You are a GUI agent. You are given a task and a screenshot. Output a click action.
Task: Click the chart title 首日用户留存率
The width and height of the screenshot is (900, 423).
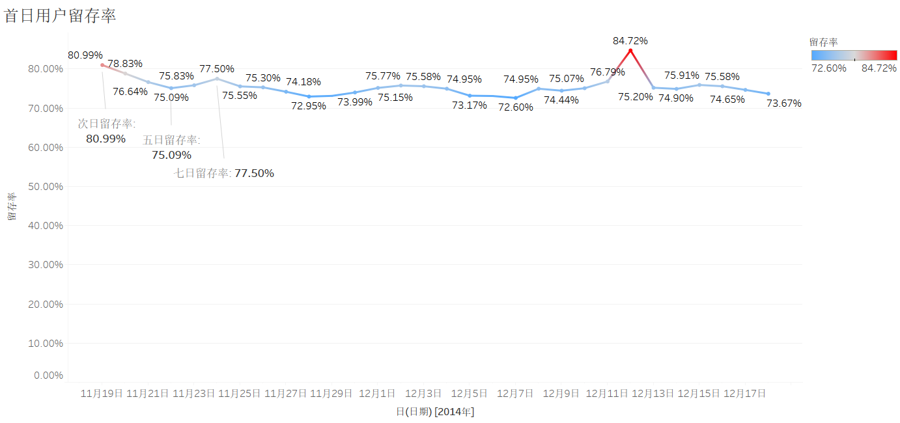pyautogui.click(x=60, y=16)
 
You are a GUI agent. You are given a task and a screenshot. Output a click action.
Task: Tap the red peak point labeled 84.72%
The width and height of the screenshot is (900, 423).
pyautogui.click(x=630, y=51)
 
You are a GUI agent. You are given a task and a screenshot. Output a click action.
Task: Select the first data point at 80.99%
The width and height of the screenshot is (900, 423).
pyautogui.click(x=102, y=65)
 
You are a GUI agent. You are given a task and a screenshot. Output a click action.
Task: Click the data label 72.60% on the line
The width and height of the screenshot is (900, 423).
pyautogui.click(x=516, y=107)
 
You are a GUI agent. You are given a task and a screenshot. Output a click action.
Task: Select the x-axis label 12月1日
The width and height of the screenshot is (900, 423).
pyautogui.click(x=377, y=394)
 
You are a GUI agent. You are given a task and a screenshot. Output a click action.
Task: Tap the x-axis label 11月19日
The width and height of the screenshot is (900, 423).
pyautogui.click(x=102, y=394)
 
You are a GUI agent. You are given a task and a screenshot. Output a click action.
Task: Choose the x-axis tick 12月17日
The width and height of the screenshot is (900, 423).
pyautogui.click(x=744, y=394)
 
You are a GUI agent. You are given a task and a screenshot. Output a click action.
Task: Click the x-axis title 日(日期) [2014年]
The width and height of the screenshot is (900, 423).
pyautogui.click(x=435, y=412)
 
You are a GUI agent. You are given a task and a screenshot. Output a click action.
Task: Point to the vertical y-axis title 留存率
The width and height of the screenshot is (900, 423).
pyautogui.click(x=12, y=206)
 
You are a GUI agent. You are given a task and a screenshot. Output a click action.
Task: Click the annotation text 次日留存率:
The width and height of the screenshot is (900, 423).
pyautogui.click(x=107, y=124)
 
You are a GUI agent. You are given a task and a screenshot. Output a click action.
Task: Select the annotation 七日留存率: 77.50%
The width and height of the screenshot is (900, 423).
pyautogui.click(x=223, y=173)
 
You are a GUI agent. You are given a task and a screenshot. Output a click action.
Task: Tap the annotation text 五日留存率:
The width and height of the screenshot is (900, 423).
pyautogui.click(x=171, y=140)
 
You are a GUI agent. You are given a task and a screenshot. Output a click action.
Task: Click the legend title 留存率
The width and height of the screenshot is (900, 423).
pyautogui.click(x=823, y=42)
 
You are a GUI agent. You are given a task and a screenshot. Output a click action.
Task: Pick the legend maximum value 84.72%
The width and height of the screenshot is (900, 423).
pyautogui.click(x=879, y=68)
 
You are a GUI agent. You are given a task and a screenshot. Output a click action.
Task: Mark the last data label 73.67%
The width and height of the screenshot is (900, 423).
pyautogui.click(x=783, y=103)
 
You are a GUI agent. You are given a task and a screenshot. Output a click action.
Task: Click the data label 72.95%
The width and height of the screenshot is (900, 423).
pyautogui.click(x=309, y=106)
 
